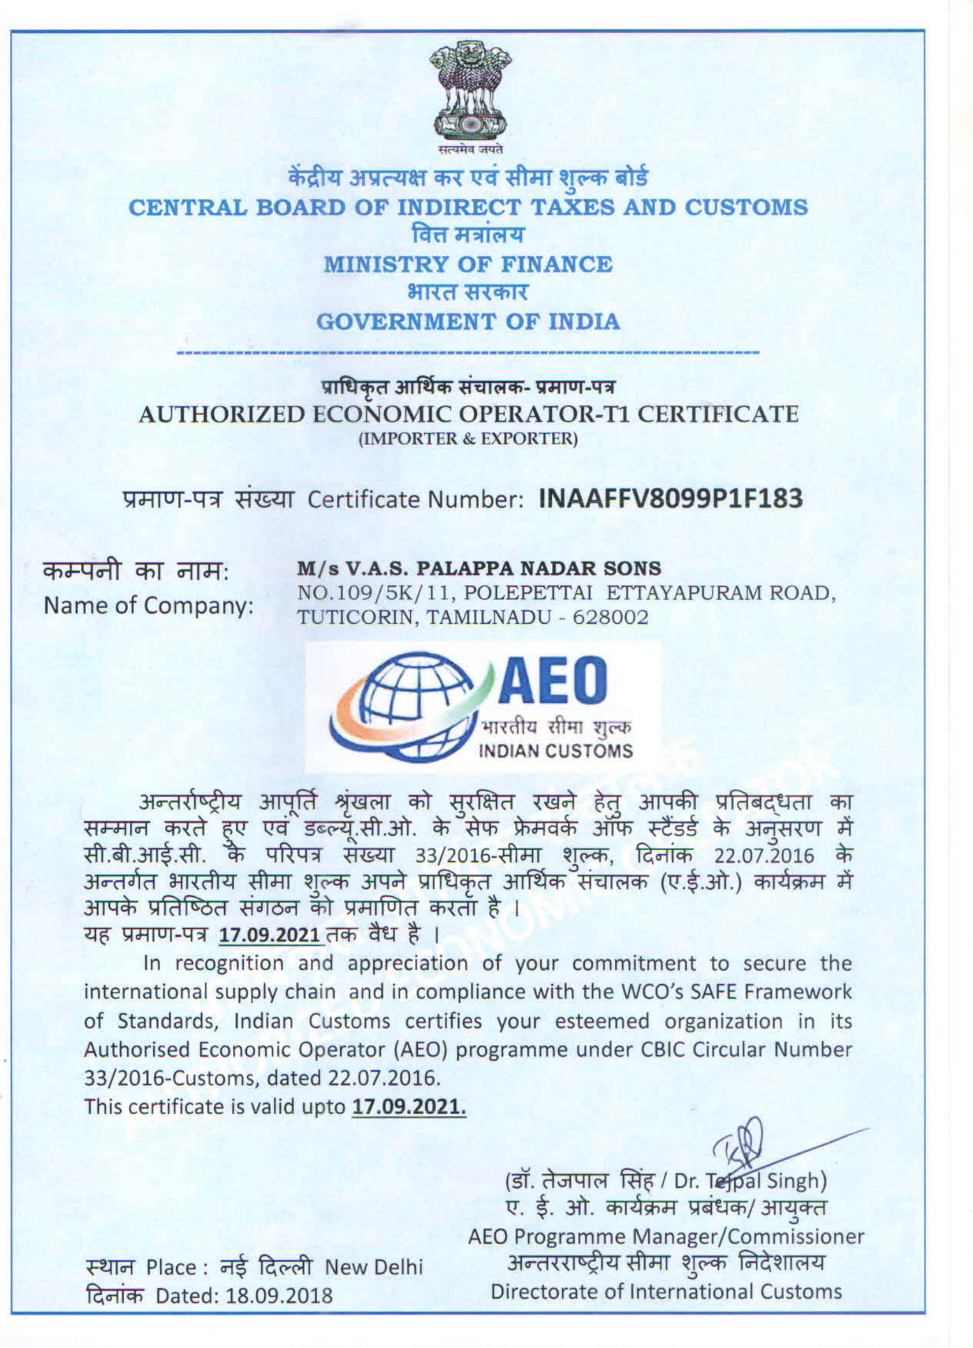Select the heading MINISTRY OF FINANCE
(x=467, y=265)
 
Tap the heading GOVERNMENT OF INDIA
(x=467, y=322)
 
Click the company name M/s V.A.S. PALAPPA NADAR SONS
(x=479, y=568)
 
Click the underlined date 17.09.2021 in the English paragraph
(x=408, y=1107)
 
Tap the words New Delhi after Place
(x=373, y=1268)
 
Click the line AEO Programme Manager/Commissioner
(x=666, y=1237)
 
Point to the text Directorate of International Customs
(x=666, y=1291)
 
